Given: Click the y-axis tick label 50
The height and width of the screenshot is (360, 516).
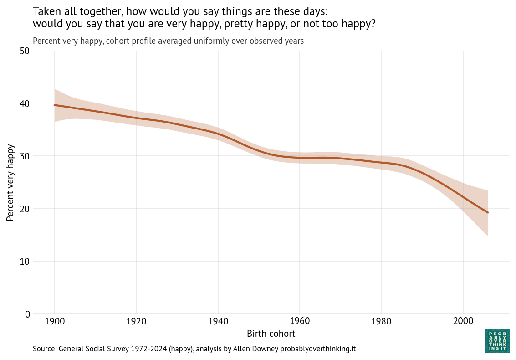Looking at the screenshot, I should coord(25,51).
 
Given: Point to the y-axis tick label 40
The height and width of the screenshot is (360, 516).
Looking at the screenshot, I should coord(25,103).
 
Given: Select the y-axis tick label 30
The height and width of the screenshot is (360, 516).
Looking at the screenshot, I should coord(25,156).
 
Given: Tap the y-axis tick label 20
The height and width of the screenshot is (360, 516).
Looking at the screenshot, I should coord(25,209).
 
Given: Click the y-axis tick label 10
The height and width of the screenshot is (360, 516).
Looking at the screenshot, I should coord(25,261).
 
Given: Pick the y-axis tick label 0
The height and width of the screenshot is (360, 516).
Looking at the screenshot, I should coord(27,314).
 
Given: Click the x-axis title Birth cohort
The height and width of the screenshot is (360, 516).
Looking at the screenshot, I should coord(271,334).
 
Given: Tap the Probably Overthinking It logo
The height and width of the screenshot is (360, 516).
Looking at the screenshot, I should coord(497,341).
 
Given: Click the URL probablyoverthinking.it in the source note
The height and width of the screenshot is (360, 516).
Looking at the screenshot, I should coord(318,349).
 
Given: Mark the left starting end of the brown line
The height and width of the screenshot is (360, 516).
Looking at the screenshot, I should coord(55,105).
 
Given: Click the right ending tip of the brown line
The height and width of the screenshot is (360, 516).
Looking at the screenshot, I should coord(488,213).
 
